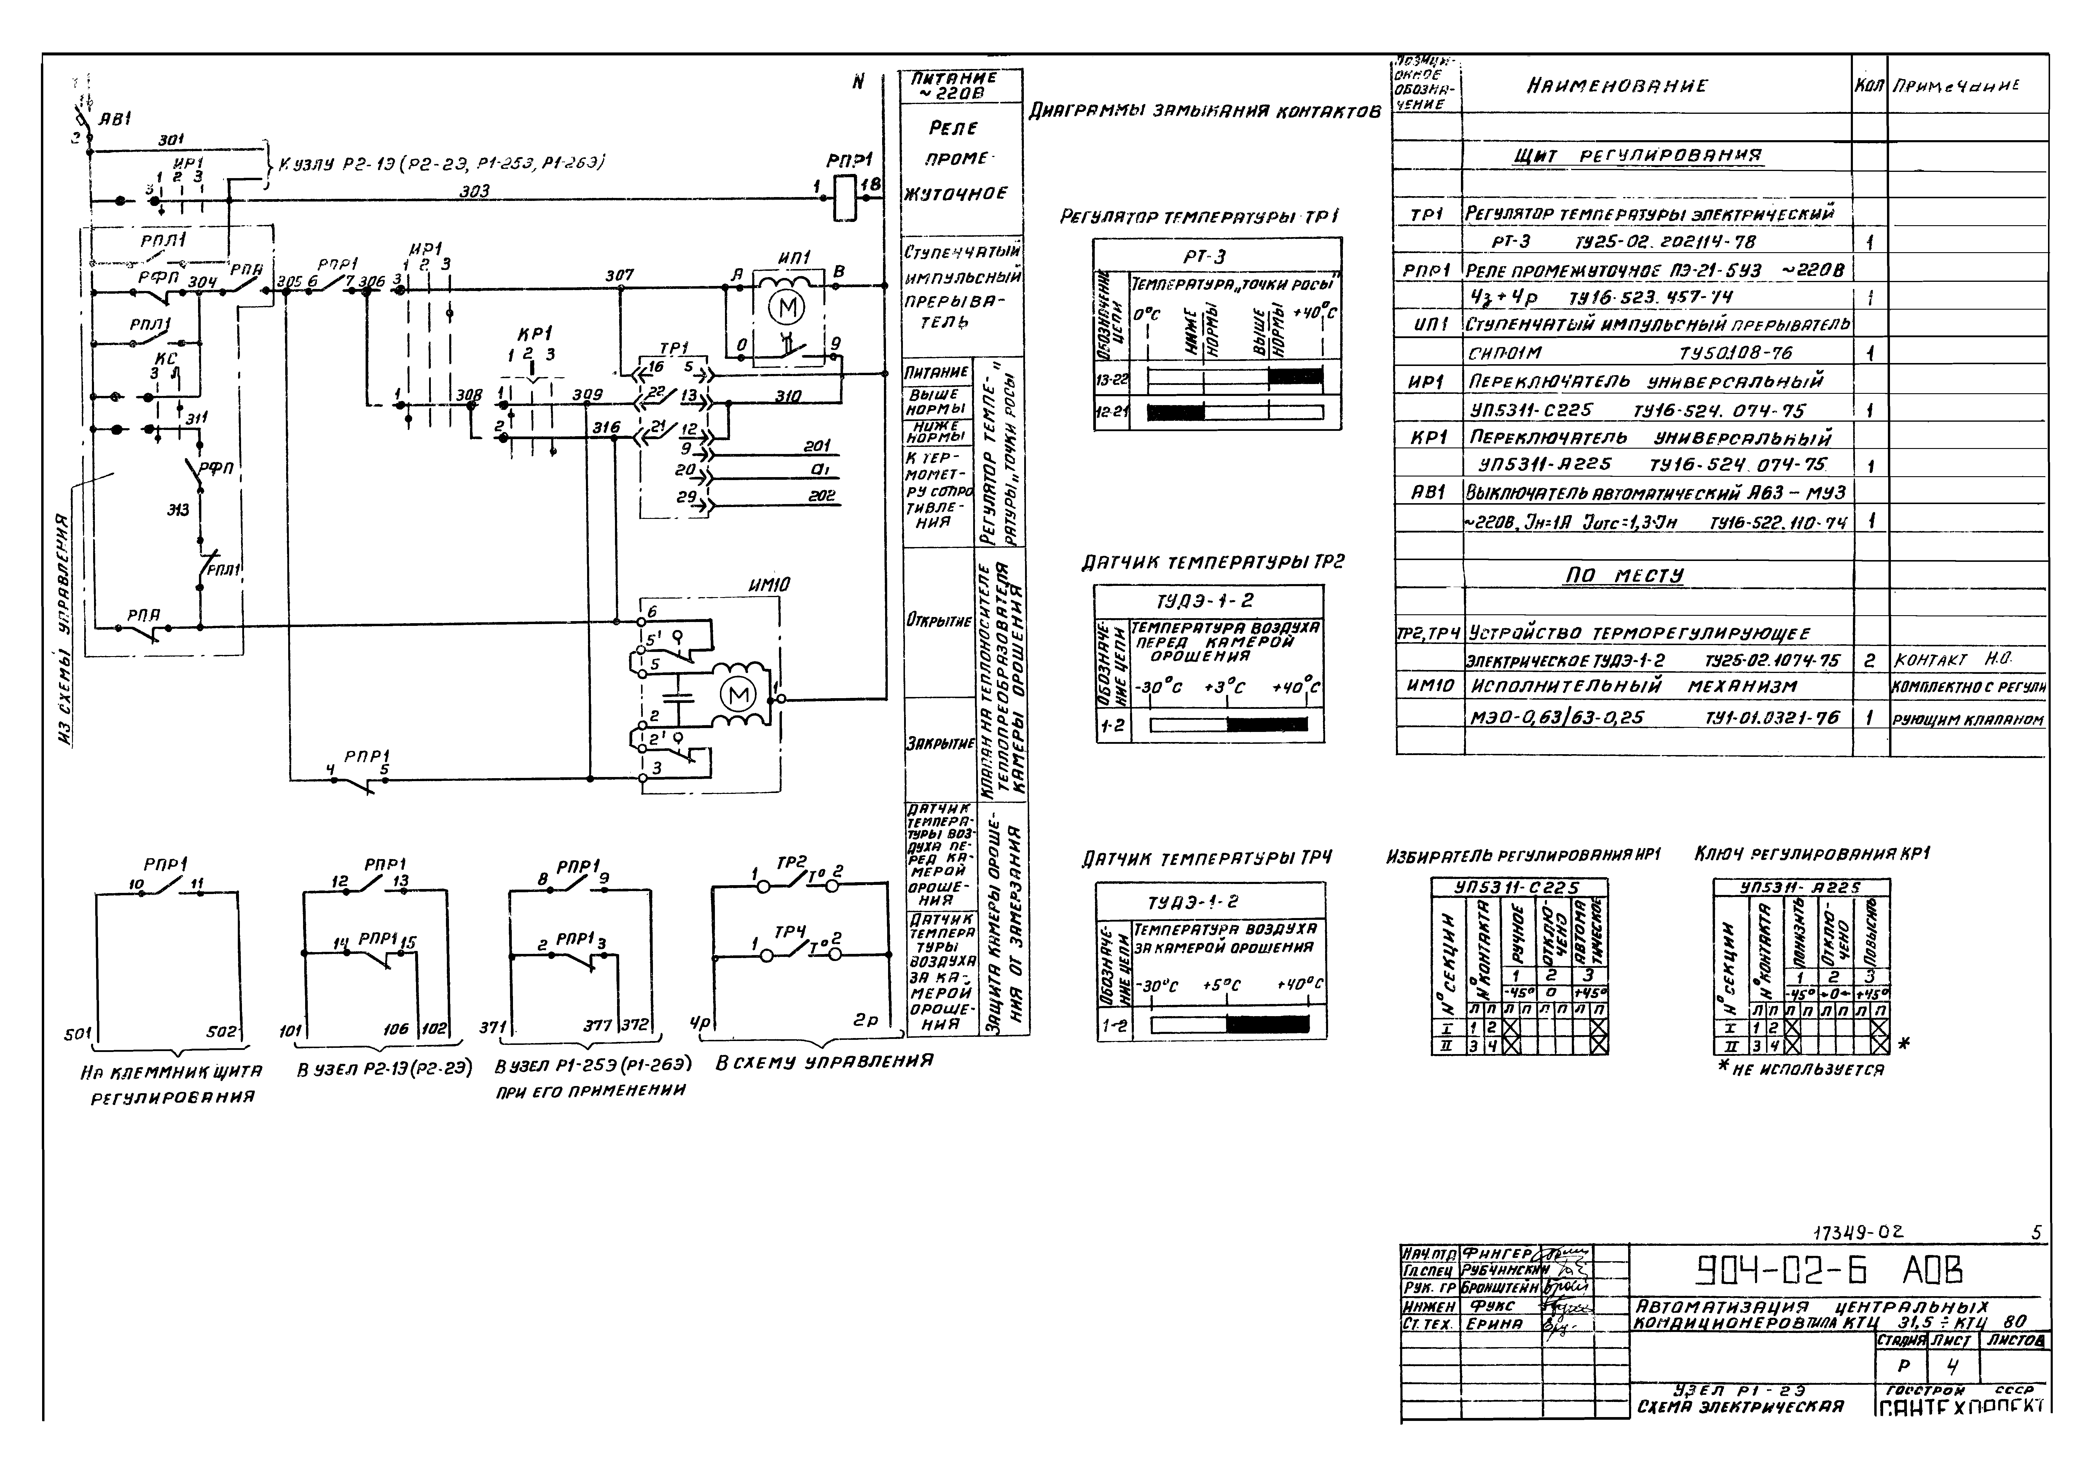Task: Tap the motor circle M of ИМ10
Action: click(x=738, y=695)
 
